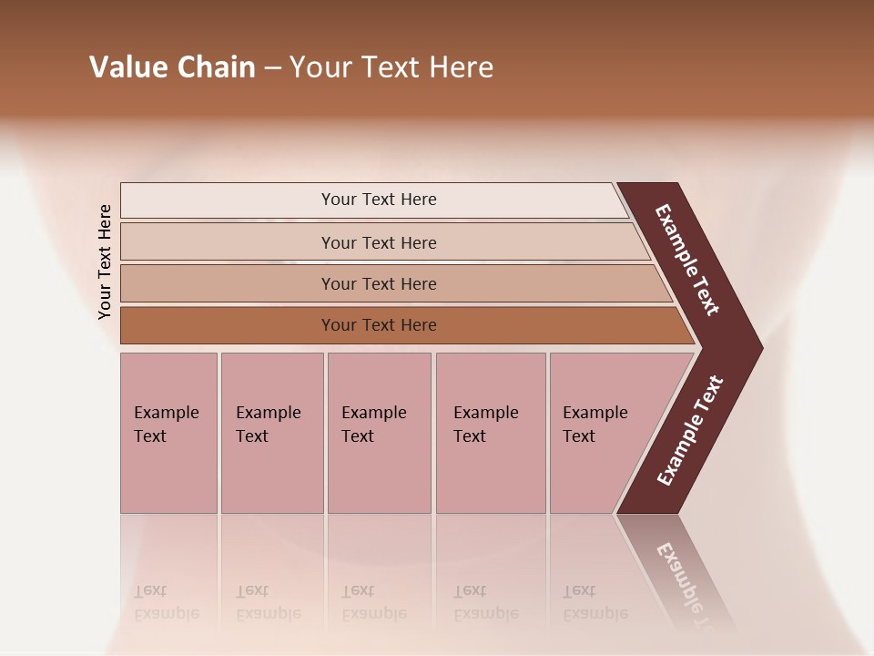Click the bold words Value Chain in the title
(x=172, y=67)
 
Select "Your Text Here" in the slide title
(x=391, y=67)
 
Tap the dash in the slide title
(x=272, y=68)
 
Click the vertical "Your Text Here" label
(x=105, y=261)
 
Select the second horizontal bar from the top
(x=379, y=242)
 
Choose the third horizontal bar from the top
(x=379, y=283)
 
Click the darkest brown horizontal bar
(x=379, y=325)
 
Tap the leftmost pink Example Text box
(x=168, y=433)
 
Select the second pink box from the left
(x=271, y=433)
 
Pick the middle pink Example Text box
(x=379, y=433)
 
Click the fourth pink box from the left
(x=490, y=433)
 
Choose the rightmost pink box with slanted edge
(x=601, y=433)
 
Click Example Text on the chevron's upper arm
(x=687, y=260)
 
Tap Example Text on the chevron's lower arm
(x=690, y=430)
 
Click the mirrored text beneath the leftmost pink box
(x=166, y=602)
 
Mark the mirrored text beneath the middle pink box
(x=373, y=602)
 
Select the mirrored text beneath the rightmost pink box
(x=595, y=602)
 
